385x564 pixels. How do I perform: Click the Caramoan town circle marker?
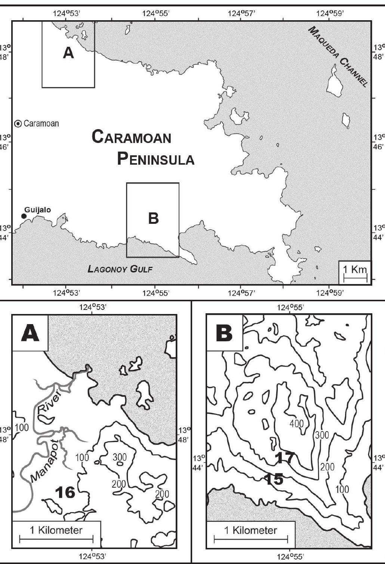[x=18, y=124]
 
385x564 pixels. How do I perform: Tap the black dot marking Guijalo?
[x=24, y=216]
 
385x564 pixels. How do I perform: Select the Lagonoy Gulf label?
[x=120, y=269]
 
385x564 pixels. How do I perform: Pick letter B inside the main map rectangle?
[x=153, y=218]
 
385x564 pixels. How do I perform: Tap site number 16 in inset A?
[x=65, y=492]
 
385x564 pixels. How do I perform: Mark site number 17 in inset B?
[x=285, y=457]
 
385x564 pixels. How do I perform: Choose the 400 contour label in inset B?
[x=296, y=423]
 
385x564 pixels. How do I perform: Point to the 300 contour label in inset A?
[x=120, y=457]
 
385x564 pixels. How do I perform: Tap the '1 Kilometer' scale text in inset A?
[x=56, y=530]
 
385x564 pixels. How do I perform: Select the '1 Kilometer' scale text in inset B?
[x=250, y=530]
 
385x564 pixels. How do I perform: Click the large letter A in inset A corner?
[x=30, y=333]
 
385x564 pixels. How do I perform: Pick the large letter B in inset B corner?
[x=224, y=333]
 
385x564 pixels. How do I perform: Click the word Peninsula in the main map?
[x=155, y=159]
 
